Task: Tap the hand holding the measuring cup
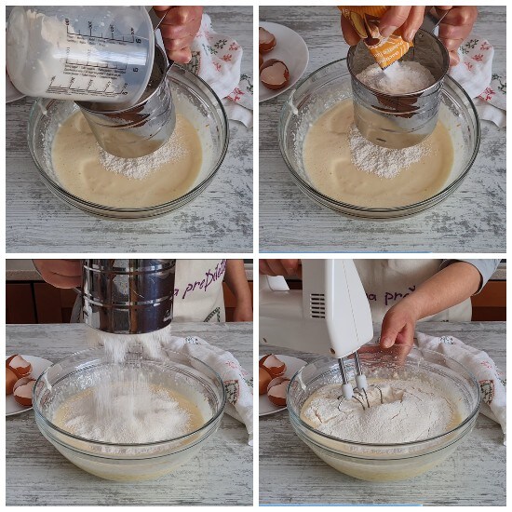[x=180, y=28]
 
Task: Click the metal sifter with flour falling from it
[x=128, y=296]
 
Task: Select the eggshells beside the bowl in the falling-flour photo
[x=20, y=377]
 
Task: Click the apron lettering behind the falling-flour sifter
[x=200, y=279]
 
